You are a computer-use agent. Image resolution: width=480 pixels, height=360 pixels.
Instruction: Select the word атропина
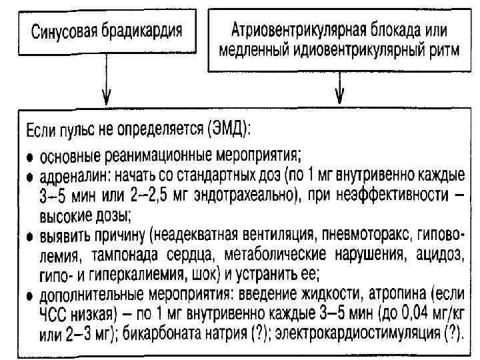click(x=402, y=294)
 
